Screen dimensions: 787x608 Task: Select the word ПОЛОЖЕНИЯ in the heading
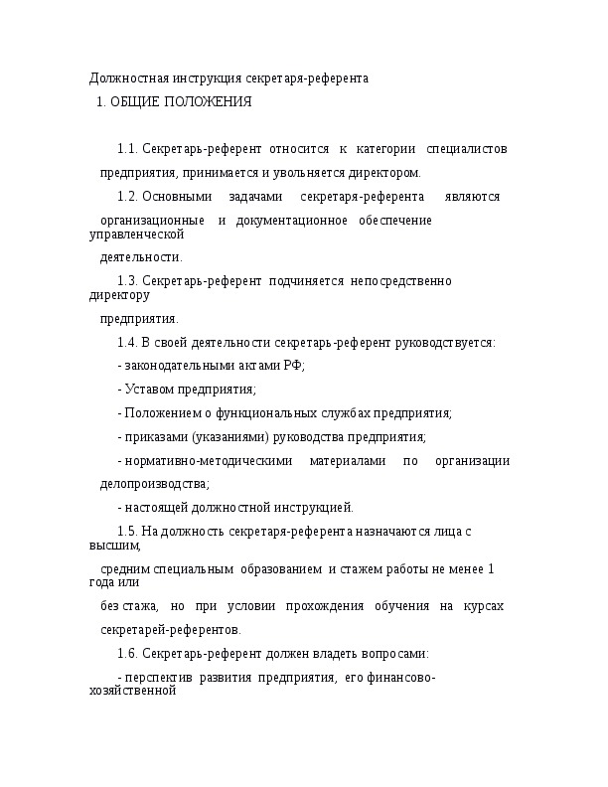[208, 101]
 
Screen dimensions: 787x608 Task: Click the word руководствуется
[444, 343]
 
